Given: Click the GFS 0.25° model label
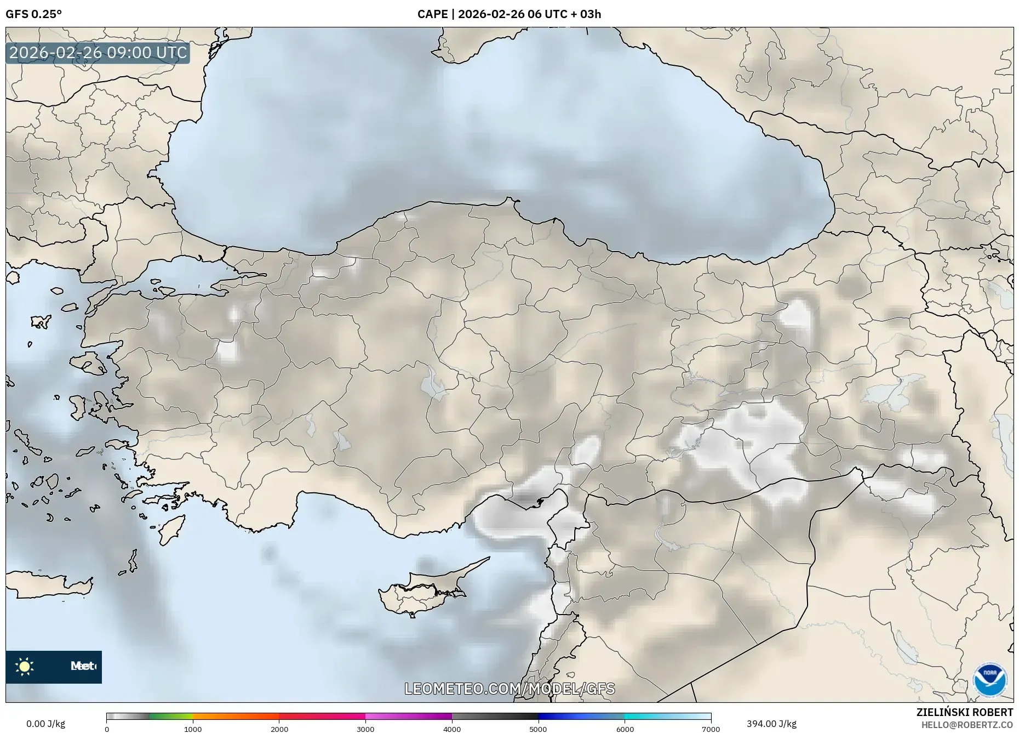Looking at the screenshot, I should [33, 14].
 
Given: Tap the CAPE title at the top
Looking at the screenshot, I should [509, 14].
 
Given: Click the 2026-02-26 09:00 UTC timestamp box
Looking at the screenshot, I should [98, 53].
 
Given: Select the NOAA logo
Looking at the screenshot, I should [990, 680].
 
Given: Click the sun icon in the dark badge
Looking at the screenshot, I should [25, 667].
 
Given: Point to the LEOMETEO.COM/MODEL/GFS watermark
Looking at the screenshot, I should [509, 689].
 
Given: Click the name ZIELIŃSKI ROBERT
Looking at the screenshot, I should [965, 712].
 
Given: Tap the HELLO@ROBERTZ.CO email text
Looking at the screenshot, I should [967, 725].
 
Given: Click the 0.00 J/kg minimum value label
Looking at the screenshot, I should [45, 724].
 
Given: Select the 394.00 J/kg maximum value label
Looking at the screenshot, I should [771, 724].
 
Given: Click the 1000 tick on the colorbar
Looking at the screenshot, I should [193, 729].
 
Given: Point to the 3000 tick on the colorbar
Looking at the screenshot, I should [365, 729].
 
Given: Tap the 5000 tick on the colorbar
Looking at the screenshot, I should [538, 729].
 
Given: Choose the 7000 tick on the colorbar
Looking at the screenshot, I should [711, 729].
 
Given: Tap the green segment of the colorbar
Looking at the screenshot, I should [171, 716].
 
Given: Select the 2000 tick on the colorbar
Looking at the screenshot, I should [279, 729].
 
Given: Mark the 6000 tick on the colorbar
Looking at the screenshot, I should [625, 729].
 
